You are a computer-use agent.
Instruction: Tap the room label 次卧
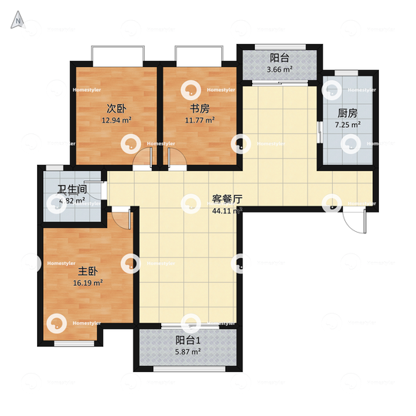(116, 109)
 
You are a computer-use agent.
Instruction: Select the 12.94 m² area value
(116, 120)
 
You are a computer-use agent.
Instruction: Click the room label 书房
(200, 109)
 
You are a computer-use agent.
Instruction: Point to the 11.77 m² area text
(200, 120)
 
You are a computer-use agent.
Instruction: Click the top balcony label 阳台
(279, 58)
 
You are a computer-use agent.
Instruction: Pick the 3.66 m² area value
(279, 70)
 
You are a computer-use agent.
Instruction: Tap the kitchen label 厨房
(348, 112)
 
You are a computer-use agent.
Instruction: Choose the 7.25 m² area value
(348, 124)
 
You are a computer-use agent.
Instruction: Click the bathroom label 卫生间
(71, 190)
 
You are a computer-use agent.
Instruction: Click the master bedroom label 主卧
(87, 272)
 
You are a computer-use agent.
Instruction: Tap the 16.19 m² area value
(87, 283)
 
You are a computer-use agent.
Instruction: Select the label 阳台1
(188, 340)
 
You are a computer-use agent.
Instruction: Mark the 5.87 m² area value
(188, 351)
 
